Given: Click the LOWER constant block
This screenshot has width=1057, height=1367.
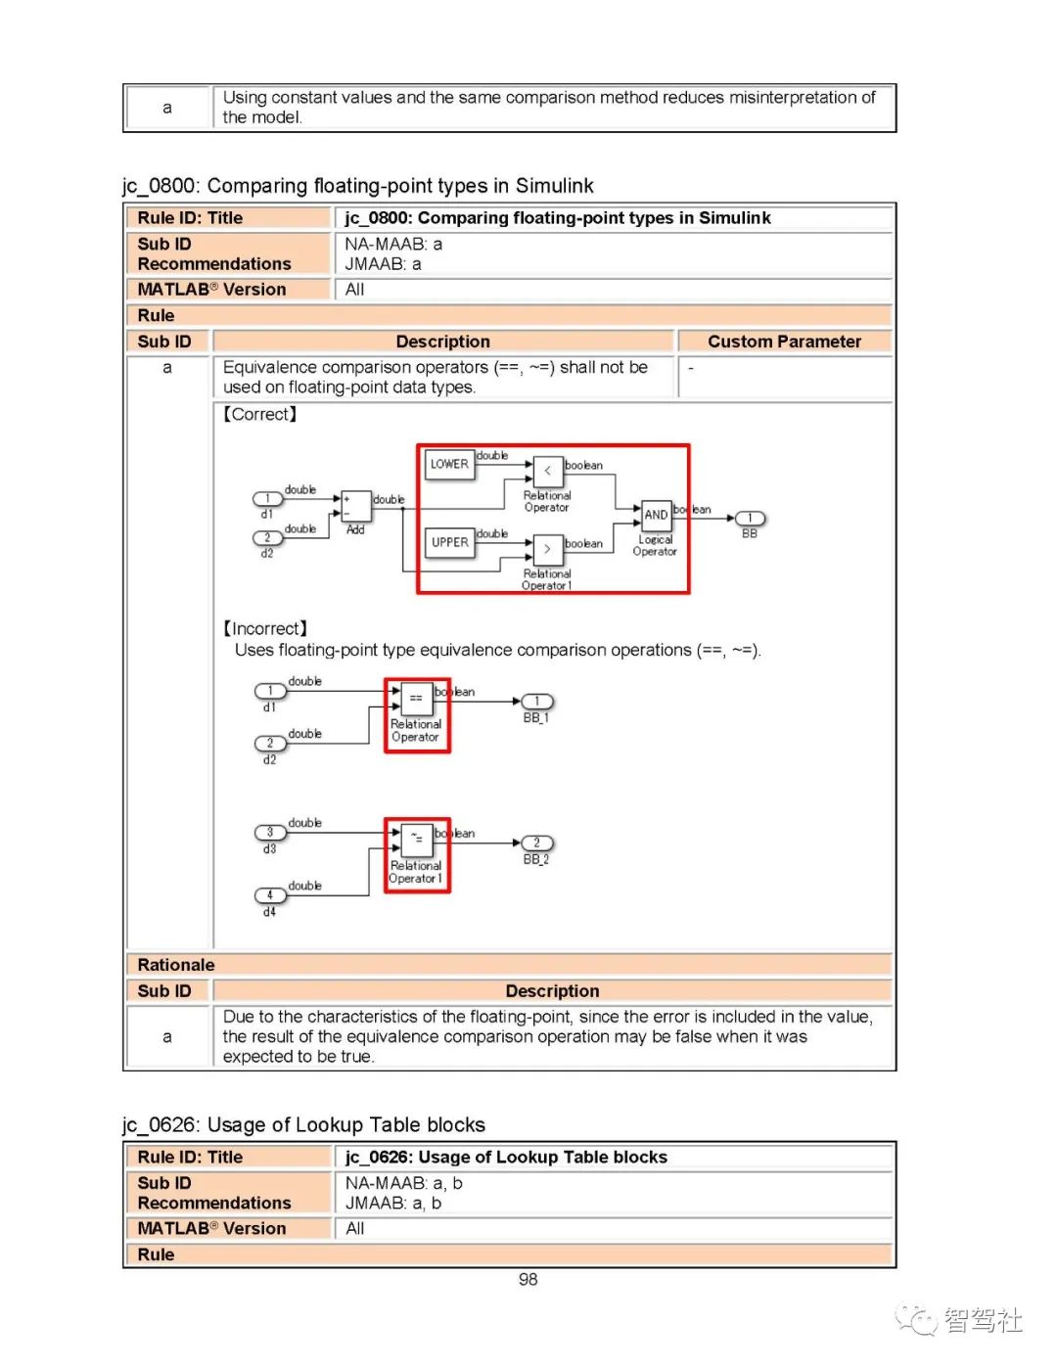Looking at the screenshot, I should [449, 464].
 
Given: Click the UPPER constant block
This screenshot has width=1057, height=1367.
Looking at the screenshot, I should [449, 542].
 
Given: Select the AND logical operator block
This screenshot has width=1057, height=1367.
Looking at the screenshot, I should [656, 515].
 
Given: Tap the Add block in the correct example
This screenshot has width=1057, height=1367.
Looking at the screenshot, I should [355, 506].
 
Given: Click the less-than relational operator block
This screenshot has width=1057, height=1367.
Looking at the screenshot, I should [547, 471].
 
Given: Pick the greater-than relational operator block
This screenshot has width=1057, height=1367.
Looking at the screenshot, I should [547, 549].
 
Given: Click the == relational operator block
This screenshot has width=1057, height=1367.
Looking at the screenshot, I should [416, 698].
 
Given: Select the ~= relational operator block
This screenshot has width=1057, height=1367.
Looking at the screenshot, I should [416, 839].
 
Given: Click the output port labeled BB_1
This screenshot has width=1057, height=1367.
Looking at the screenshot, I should [536, 702].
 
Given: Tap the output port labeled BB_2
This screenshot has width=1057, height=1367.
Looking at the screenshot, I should [536, 843].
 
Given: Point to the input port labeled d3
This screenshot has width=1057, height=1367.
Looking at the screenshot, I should [270, 833].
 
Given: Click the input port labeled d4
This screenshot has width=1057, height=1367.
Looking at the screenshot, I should [270, 895].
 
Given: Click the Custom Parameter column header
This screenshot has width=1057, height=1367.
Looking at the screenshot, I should [784, 342].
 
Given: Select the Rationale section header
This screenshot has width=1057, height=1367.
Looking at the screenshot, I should [176, 965].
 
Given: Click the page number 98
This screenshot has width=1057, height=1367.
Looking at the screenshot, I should [528, 1280].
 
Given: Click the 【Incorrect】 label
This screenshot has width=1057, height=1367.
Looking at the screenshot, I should [265, 628].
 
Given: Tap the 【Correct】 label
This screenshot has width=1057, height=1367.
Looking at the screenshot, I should [260, 414].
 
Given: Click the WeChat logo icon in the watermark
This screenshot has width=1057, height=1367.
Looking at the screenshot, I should [917, 1320].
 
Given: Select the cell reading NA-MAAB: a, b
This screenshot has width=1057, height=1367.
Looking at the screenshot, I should [403, 1183].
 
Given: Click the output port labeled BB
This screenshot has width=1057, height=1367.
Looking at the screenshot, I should [750, 519].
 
